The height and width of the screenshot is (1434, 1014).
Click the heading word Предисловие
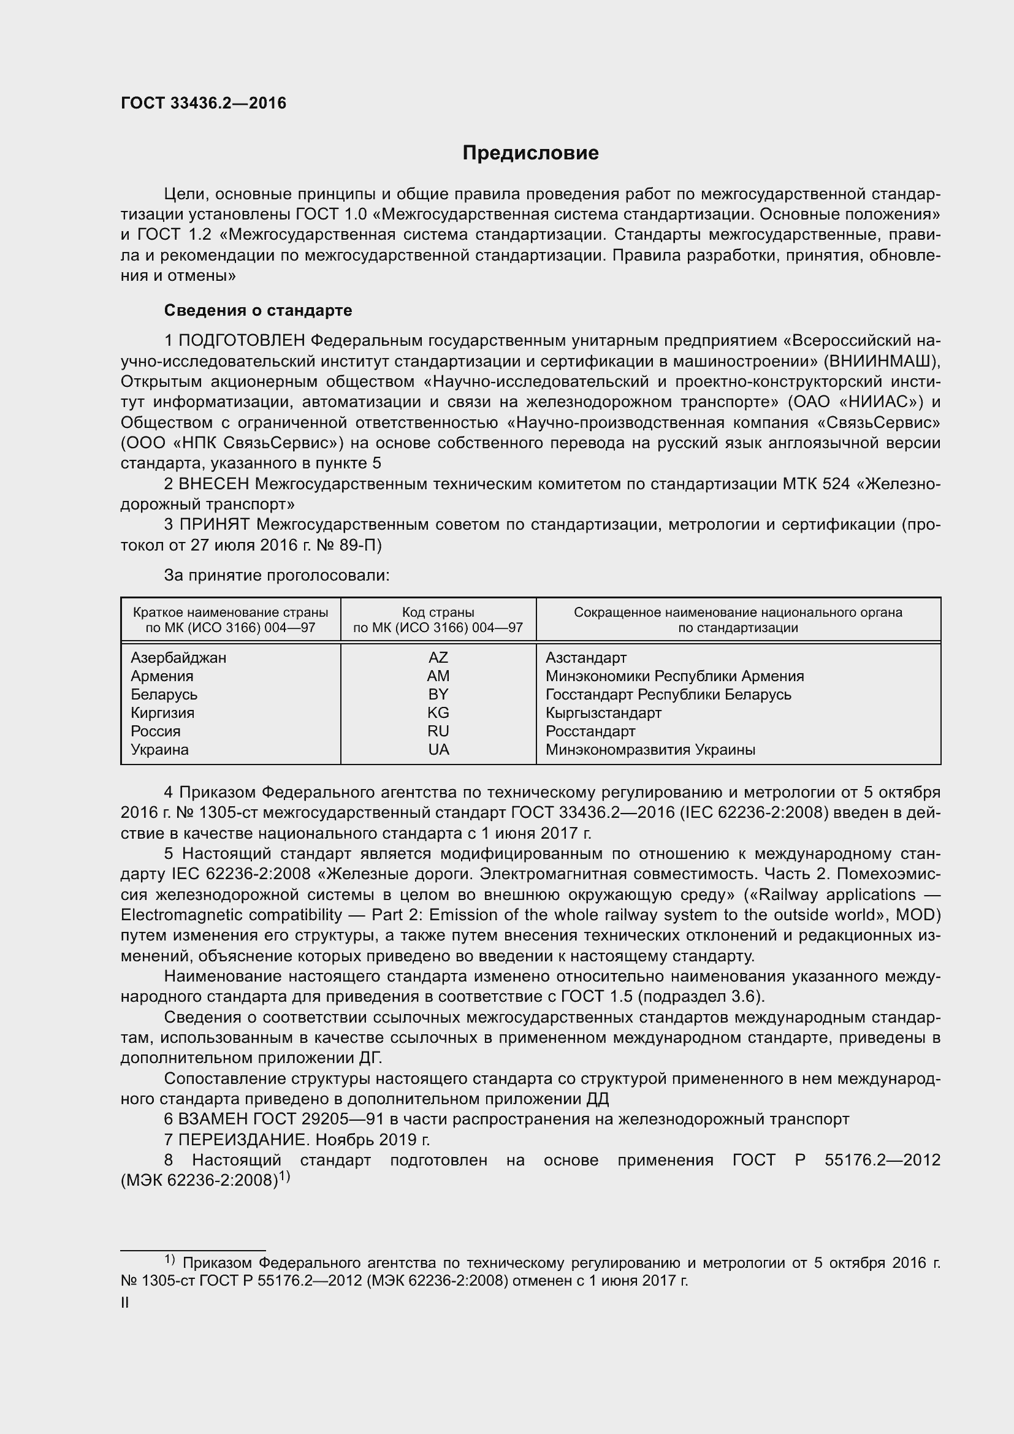click(530, 153)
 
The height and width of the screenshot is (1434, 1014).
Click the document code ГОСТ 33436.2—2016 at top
click(204, 104)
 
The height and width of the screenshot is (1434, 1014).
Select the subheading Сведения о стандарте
click(258, 310)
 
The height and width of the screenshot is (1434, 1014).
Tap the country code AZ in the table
click(438, 658)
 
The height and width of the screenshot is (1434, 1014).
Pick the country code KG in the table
click(438, 712)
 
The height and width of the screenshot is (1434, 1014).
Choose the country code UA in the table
click(438, 749)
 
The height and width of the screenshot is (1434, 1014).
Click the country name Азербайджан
click(178, 658)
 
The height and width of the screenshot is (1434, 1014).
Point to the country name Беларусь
click(164, 695)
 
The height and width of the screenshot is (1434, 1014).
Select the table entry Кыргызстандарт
click(603, 712)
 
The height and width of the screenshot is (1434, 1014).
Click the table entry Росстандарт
click(590, 731)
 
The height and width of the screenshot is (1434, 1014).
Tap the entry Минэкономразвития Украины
click(650, 749)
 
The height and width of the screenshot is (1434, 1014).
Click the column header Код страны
click(438, 612)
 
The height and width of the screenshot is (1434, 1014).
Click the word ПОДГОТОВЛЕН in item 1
click(242, 341)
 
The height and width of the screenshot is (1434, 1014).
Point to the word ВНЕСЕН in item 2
click(214, 484)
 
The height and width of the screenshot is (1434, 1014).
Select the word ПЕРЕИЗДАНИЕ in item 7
click(244, 1140)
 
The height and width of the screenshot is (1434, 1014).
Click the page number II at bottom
click(125, 1303)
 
